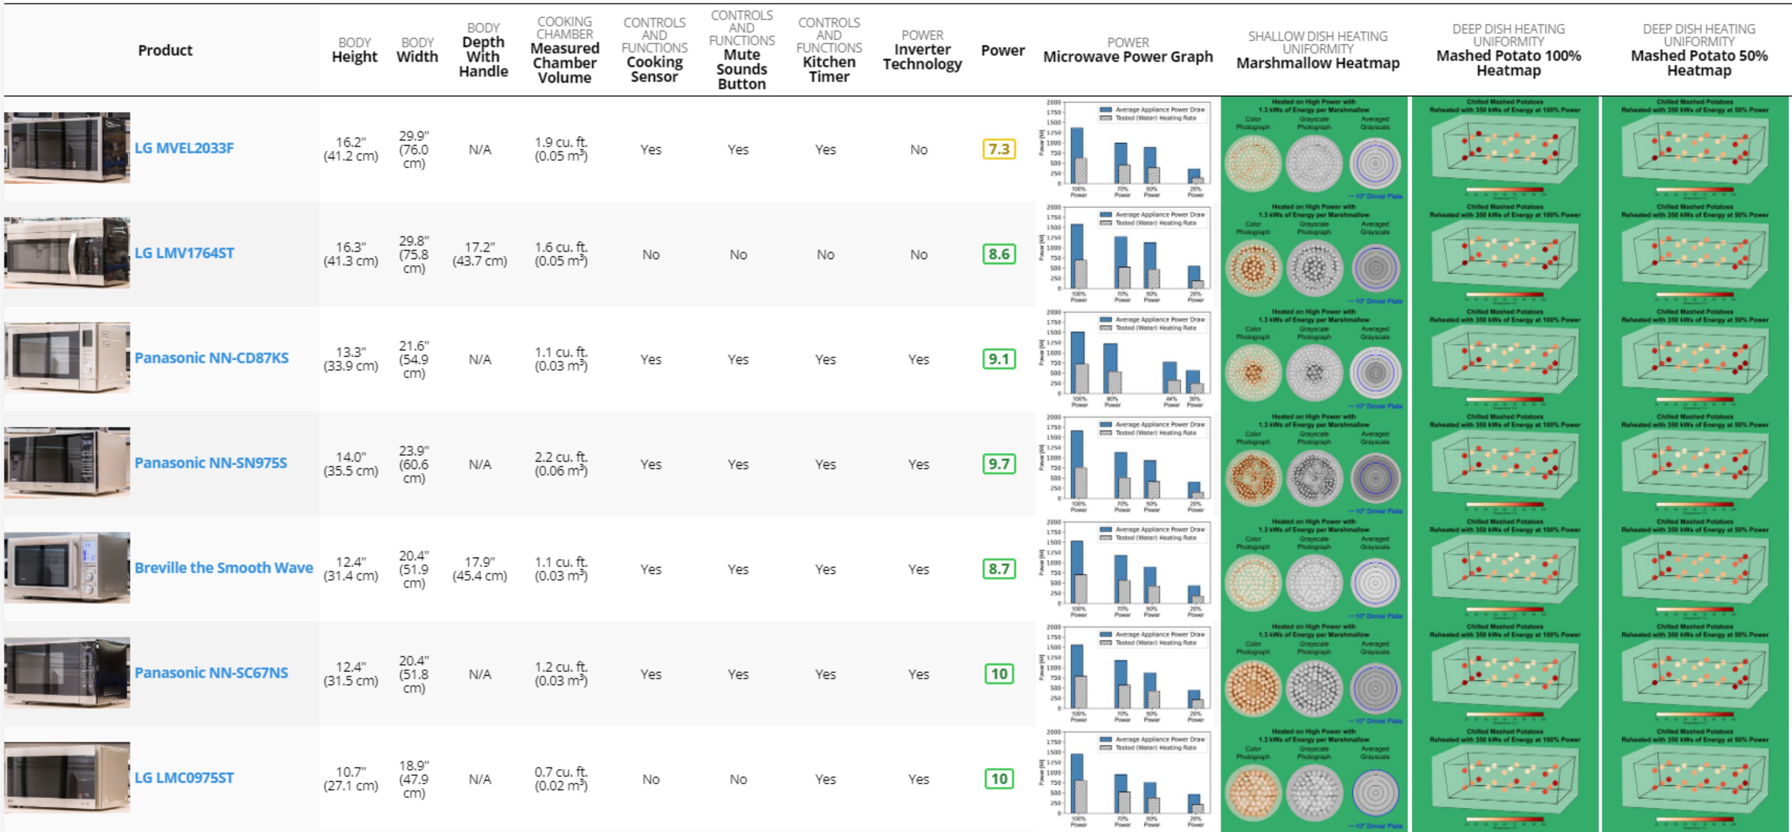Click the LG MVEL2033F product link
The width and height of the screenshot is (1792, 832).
[184, 148]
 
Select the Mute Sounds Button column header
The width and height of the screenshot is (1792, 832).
[742, 69]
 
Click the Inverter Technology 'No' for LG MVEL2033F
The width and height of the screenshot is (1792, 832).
[918, 150]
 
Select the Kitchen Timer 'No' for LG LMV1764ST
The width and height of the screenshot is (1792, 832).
[825, 255]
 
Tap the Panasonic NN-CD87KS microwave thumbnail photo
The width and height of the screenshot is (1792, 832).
[67, 357]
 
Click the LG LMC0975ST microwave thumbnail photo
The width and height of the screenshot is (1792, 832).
[67, 777]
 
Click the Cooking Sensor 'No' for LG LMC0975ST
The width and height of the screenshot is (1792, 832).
[651, 780]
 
